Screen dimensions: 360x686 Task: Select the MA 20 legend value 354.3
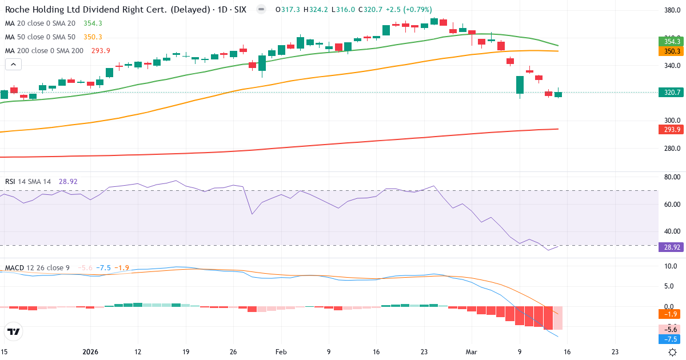93,23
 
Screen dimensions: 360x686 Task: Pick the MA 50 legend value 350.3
93,37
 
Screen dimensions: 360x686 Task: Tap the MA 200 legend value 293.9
101,51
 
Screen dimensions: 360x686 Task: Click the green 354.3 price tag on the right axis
672,41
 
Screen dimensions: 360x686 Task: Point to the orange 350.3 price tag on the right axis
672,51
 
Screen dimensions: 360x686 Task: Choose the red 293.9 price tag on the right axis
672,130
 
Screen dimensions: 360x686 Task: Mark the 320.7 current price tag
672,93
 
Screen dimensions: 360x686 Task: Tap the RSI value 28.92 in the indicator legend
68,182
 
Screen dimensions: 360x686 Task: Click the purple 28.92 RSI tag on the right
672,246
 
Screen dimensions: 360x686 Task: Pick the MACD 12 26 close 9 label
38,267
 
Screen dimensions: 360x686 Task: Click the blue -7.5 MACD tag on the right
671,339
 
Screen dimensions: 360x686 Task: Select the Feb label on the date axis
281,352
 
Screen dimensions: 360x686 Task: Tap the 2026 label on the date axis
91,352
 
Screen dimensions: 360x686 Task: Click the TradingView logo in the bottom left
14,331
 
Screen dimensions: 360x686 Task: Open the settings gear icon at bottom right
673,352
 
